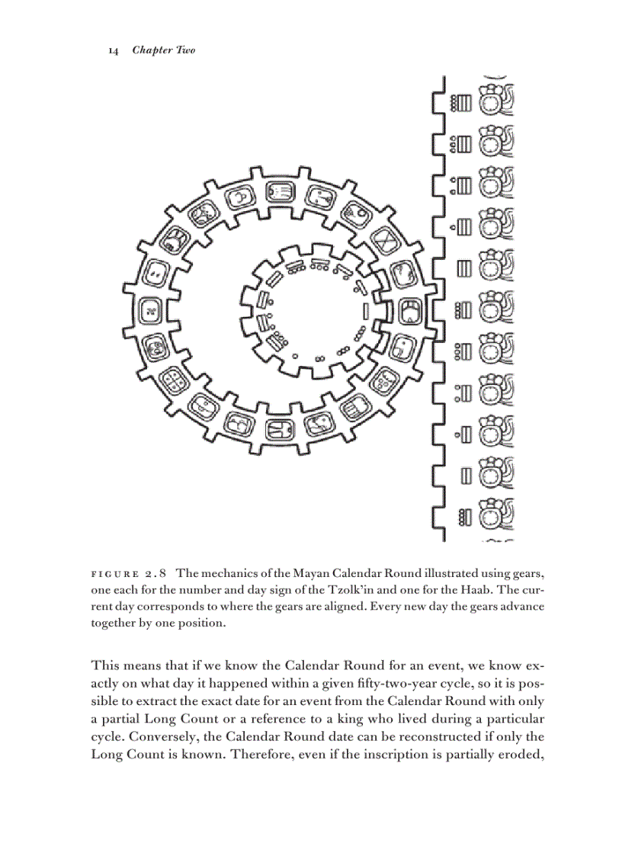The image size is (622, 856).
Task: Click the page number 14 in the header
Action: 113,50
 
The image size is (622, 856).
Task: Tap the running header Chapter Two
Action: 163,50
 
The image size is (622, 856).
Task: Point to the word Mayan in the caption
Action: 300,572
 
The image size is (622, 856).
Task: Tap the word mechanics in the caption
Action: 231,572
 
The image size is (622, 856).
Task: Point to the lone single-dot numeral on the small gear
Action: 294,356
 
